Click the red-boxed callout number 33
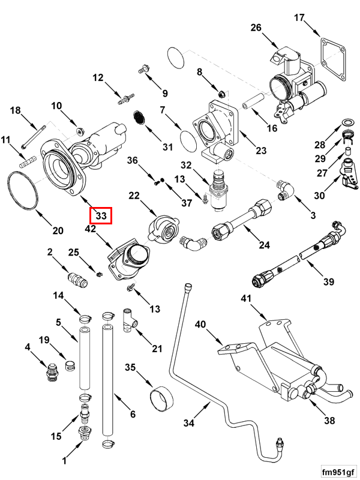tap(101, 215)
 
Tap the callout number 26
tap(256, 28)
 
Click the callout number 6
tap(133, 414)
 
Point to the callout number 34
tap(189, 423)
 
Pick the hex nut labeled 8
tap(221, 93)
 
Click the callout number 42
tap(91, 229)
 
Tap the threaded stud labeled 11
tap(26, 161)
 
